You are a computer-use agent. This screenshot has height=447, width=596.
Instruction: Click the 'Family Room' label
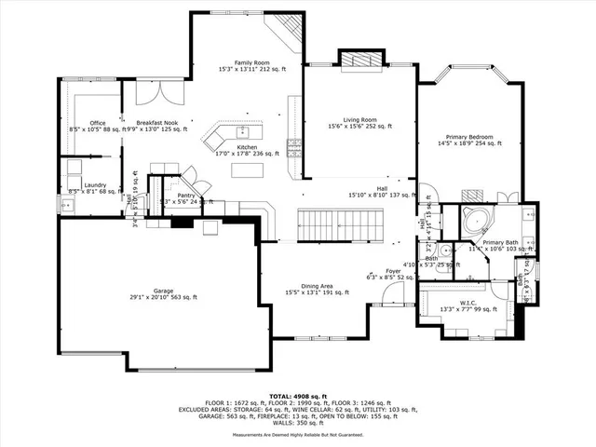point(251,61)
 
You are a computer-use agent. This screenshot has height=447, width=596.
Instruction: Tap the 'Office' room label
point(98,123)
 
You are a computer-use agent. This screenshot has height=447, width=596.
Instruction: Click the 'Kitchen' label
point(246,147)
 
